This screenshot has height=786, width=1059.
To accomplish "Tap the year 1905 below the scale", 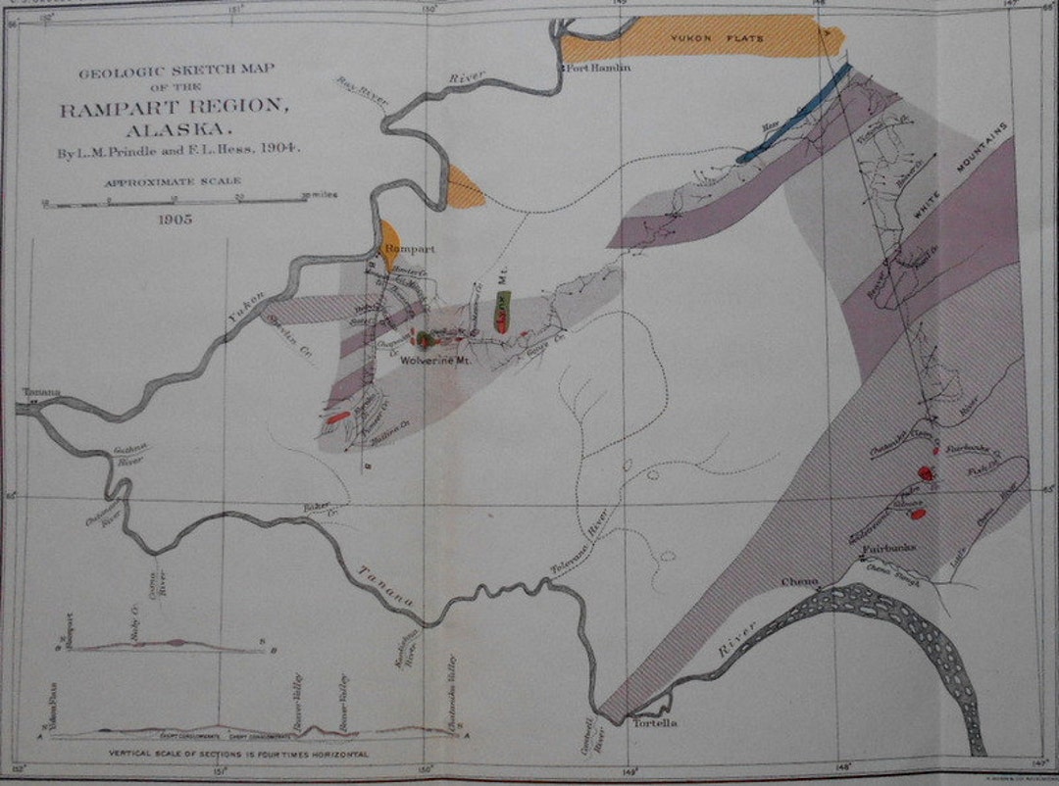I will pos(177,220).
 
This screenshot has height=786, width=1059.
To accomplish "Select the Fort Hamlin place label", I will pos(596,68).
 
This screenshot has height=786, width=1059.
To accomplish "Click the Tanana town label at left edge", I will pos(43,392).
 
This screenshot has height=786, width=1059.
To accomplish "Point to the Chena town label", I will pos(793,582).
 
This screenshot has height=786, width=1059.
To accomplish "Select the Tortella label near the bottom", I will pos(655,723).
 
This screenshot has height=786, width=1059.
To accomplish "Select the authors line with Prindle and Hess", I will pos(177,150).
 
